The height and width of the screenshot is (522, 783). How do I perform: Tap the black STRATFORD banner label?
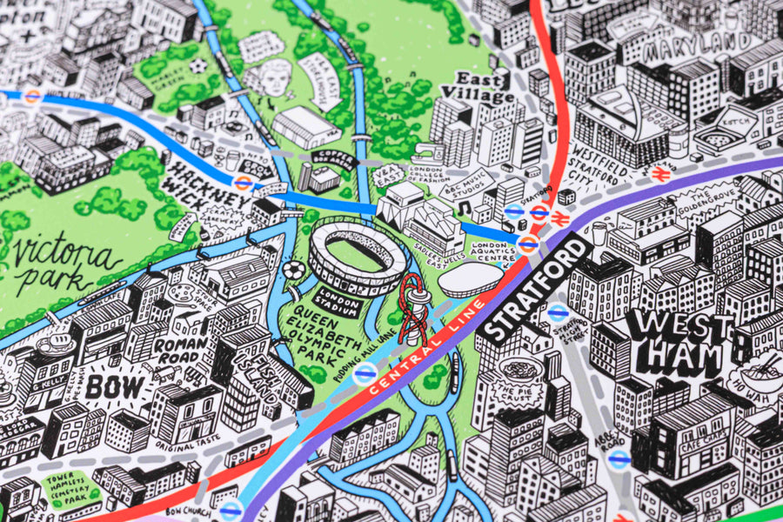click(537, 289)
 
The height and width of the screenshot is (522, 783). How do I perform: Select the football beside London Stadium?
click(293, 271)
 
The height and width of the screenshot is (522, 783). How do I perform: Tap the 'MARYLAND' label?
click(698, 42)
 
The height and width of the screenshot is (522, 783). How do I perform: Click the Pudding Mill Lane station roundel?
click(365, 373)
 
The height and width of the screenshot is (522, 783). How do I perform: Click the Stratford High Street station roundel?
click(559, 308)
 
